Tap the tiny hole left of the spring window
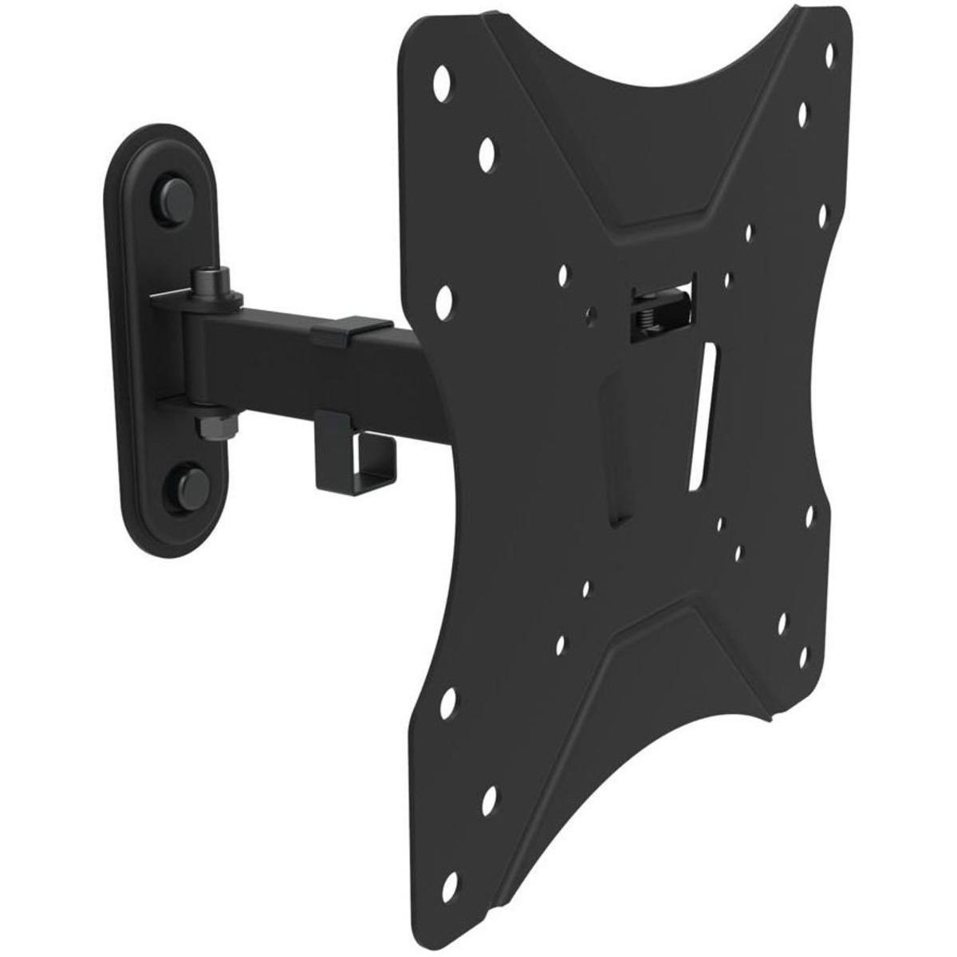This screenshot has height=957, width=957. pyautogui.click(x=590, y=317)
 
